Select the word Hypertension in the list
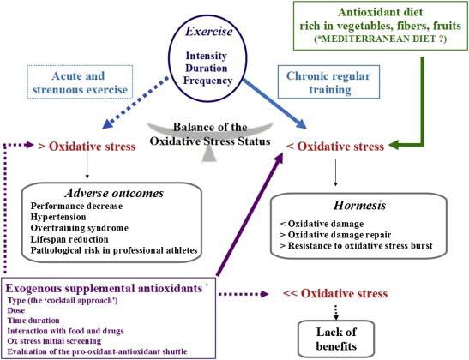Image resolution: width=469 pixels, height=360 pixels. pyautogui.click(x=61, y=218)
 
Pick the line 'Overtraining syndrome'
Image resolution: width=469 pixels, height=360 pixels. pyautogui.click(x=81, y=229)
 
